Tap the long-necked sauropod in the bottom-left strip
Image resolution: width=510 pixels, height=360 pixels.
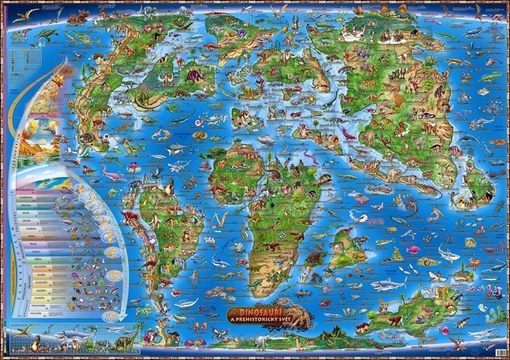128,336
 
